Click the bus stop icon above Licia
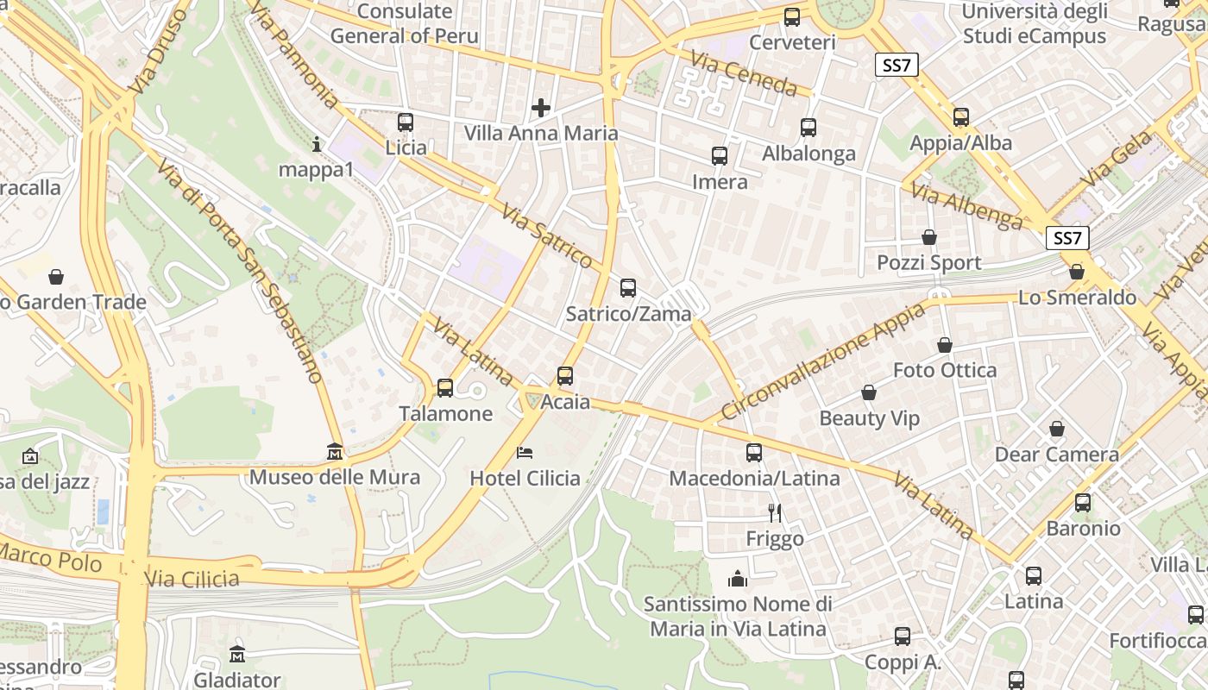[406, 122]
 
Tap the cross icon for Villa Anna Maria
[541, 108]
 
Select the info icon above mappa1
[317, 144]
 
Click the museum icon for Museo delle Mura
[335, 451]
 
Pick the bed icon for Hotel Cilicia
[525, 452]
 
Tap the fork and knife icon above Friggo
[775, 512]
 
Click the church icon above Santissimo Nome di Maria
[738, 578]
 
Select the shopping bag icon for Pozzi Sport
[929, 236]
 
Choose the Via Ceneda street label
[743, 72]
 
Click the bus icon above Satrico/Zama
[628, 288]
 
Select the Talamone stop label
[445, 414]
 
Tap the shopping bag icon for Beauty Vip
[869, 392]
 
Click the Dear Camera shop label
[1056, 455]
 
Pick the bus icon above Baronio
[1083, 502]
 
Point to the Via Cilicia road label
[192, 578]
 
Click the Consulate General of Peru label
[404, 23]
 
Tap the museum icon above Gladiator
[237, 654]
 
